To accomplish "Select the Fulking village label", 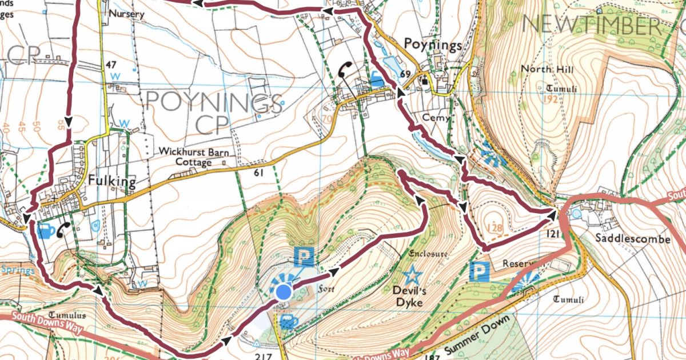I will coord(112,182).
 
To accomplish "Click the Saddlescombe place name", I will coord(633,239).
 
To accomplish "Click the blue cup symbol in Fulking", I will coord(46,231).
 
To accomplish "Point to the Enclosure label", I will coord(428,253).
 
